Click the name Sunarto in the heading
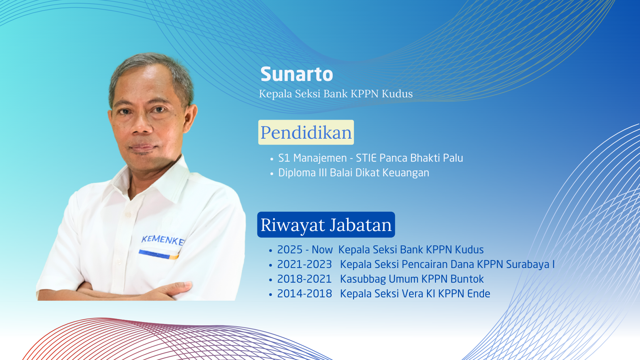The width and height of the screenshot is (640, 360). coord(297,74)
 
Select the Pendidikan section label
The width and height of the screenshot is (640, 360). coord(306,132)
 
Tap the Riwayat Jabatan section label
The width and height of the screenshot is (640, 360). coord(326,225)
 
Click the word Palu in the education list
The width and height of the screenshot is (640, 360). coord(453,158)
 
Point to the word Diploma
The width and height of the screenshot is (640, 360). coord(297,173)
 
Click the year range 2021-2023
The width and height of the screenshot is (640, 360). coord(305,264)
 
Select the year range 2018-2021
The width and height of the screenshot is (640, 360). coord(304,279)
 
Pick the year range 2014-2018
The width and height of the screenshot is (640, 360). coord(305,294)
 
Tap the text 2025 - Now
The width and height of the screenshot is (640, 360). coord(305,250)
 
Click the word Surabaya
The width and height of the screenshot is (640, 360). coord(528,265)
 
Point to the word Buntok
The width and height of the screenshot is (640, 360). coord(467,279)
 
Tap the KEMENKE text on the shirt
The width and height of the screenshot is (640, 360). coord(163,240)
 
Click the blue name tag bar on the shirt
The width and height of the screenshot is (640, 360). coord(158,254)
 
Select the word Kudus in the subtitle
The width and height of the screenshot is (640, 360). coord(397,94)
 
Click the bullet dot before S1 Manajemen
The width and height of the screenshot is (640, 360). coord(272,159)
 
